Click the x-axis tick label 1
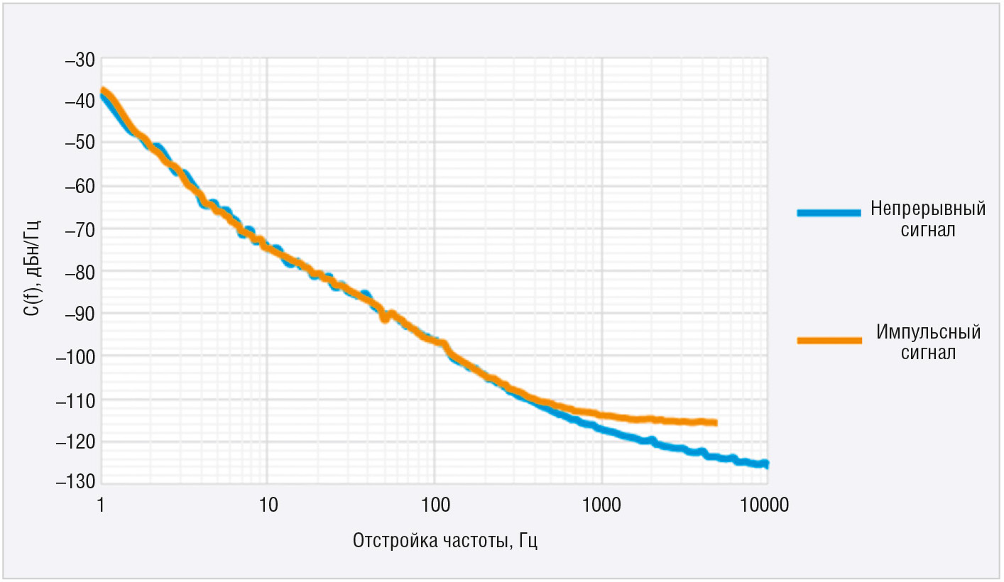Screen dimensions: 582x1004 (101, 505)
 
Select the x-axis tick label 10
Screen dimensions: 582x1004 (267, 505)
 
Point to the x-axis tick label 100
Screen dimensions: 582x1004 (435, 505)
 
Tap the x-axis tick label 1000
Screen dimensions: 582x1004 (602, 505)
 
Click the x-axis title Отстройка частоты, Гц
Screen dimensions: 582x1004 (445, 541)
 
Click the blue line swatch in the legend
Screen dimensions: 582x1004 (829, 212)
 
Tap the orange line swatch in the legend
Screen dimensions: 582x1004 (829, 341)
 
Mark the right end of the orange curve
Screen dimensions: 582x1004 (715, 423)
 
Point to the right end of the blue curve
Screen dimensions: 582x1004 (766, 463)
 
